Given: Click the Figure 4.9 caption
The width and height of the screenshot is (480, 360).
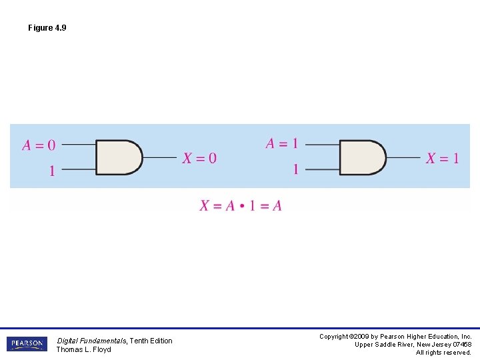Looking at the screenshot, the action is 47,28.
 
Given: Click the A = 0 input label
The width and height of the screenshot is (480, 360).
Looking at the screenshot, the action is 39,145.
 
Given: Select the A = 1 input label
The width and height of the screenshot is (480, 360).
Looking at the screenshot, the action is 282,143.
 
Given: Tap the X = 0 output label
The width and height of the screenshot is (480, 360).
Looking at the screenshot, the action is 199,158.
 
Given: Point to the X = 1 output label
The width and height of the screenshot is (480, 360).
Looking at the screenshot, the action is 443,158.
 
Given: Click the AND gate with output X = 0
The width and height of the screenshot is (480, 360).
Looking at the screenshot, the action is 119,157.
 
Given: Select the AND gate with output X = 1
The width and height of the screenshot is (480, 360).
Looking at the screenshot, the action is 363,157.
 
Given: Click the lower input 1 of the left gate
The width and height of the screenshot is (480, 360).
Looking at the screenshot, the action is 52,171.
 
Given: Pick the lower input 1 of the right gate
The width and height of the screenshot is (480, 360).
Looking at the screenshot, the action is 295,169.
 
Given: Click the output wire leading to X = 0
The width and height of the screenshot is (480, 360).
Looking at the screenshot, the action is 160,157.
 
